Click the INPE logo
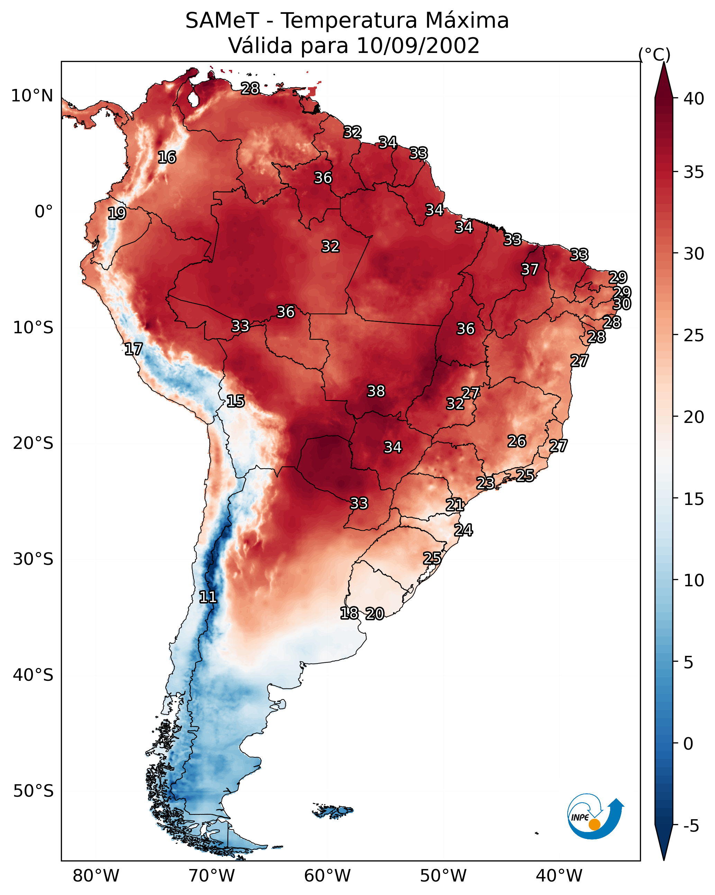[x=596, y=816]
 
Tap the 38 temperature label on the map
[x=376, y=391]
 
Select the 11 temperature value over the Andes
[x=208, y=597]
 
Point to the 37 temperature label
[x=530, y=269]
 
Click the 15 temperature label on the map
[x=235, y=401]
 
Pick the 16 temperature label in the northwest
[x=167, y=157]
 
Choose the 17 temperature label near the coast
[x=133, y=349]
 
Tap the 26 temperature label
[x=517, y=441]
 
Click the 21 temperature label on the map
[x=455, y=505]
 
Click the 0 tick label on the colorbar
[x=688, y=744]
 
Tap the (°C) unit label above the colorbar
[x=654, y=54]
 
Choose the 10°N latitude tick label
[x=32, y=96]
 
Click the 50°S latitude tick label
[x=33, y=791]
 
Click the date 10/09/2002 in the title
[x=418, y=46]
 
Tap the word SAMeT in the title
[x=222, y=21]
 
